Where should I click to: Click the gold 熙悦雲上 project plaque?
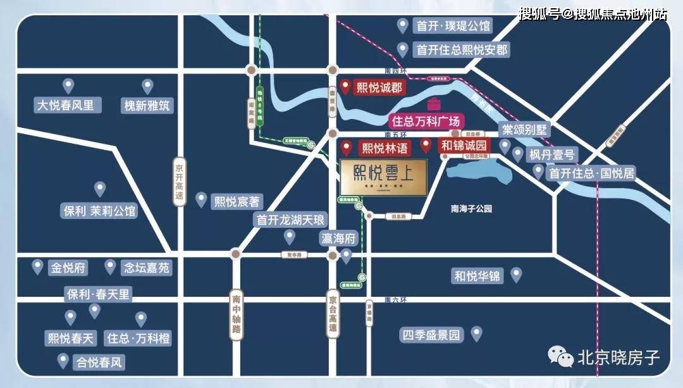(383, 177)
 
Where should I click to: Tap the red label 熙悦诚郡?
(380, 88)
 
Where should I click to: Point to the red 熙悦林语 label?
(385, 149)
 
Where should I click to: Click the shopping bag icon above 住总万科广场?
(434, 104)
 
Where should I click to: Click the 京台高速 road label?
(333, 314)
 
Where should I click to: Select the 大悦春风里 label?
(66, 104)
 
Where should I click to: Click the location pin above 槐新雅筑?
(147, 86)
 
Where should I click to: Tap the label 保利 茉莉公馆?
(100, 211)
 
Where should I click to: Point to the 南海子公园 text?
(471, 209)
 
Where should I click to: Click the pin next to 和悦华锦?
(516, 275)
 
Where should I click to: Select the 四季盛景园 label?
(432, 335)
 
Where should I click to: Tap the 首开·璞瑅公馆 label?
(453, 26)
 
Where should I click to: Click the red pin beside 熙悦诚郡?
(345, 87)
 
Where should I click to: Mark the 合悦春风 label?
(99, 363)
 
